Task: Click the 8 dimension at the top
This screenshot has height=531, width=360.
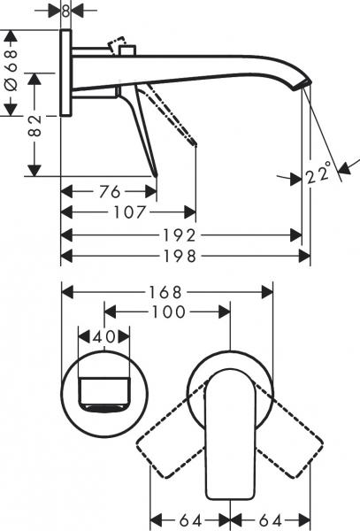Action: (65, 11)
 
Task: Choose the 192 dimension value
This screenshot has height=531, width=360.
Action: (182, 235)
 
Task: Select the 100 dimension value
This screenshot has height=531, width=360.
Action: (168, 312)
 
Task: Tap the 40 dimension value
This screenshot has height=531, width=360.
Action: (104, 337)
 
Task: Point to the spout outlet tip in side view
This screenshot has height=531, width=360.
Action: (303, 86)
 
